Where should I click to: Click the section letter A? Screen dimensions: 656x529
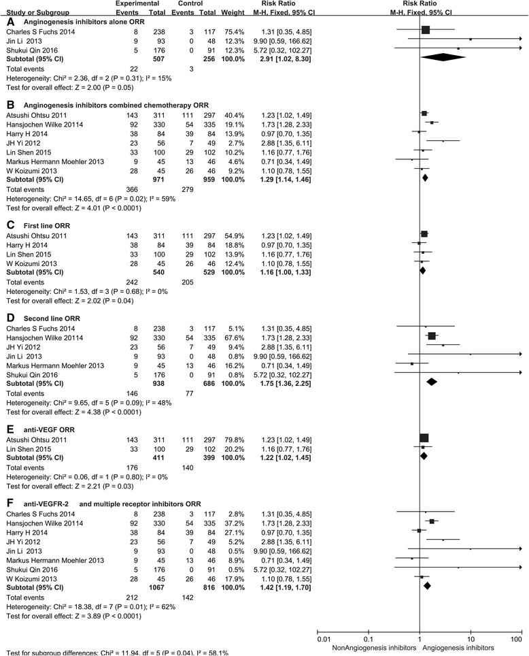click(x=10, y=22)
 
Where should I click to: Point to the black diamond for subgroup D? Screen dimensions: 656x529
click(x=431, y=382)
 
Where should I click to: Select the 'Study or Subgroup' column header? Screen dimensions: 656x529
click(x=31, y=12)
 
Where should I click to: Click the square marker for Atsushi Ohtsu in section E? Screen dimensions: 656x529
click(x=424, y=438)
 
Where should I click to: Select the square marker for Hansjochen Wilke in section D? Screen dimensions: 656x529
click(x=432, y=337)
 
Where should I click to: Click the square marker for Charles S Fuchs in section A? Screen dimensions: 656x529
click(x=426, y=31)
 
